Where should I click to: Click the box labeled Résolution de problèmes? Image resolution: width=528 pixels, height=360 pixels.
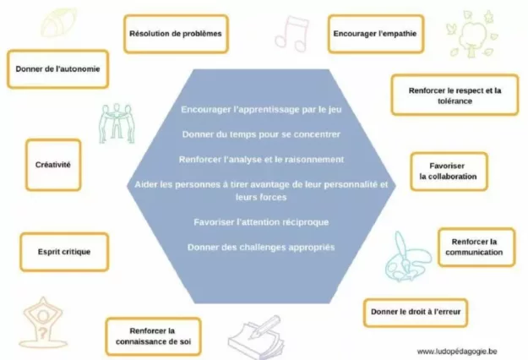pos(176,34)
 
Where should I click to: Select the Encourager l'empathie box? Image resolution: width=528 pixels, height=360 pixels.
pos(375,34)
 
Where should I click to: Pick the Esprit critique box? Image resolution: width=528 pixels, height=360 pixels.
pos(64,252)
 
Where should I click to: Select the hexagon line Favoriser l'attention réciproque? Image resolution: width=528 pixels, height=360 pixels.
pos(260,222)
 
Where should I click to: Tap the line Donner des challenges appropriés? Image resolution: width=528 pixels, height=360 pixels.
pos(260,247)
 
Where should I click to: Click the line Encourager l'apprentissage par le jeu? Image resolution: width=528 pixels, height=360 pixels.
pos(260,110)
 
